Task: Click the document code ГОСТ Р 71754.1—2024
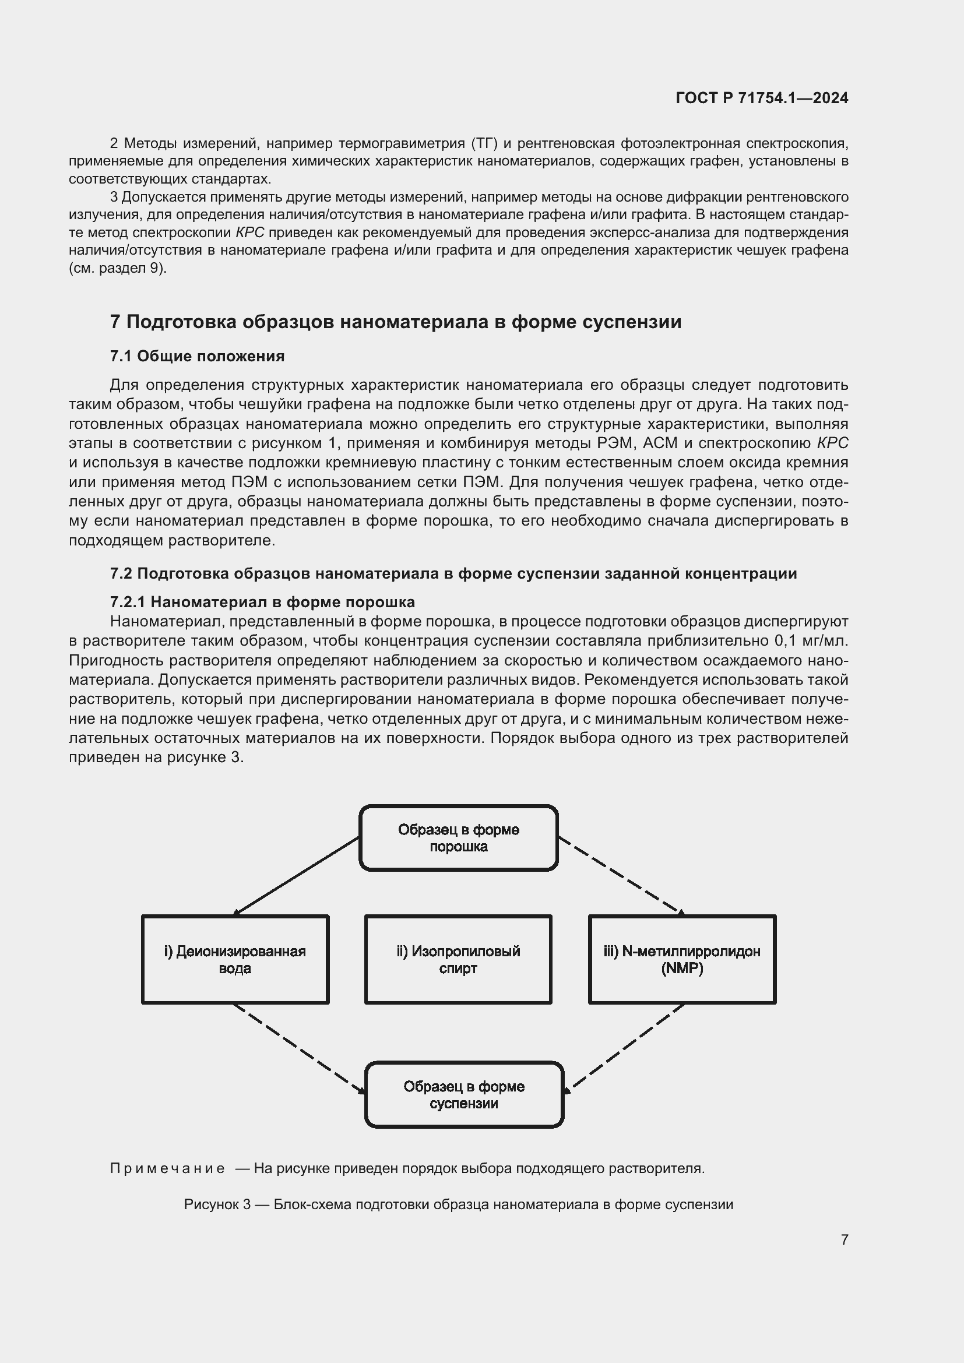762,98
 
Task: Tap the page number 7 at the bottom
844,1239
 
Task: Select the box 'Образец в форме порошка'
458,838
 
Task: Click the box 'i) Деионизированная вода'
235,959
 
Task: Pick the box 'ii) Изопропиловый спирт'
458,959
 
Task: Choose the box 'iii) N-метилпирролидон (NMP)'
682,959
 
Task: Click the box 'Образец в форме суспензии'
463,1095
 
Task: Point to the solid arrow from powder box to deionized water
297,876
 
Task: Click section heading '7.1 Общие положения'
197,356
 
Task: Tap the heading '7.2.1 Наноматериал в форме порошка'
262,602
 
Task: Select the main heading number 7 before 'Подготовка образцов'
115,322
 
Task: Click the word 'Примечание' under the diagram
167,1168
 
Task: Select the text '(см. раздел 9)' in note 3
118,267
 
